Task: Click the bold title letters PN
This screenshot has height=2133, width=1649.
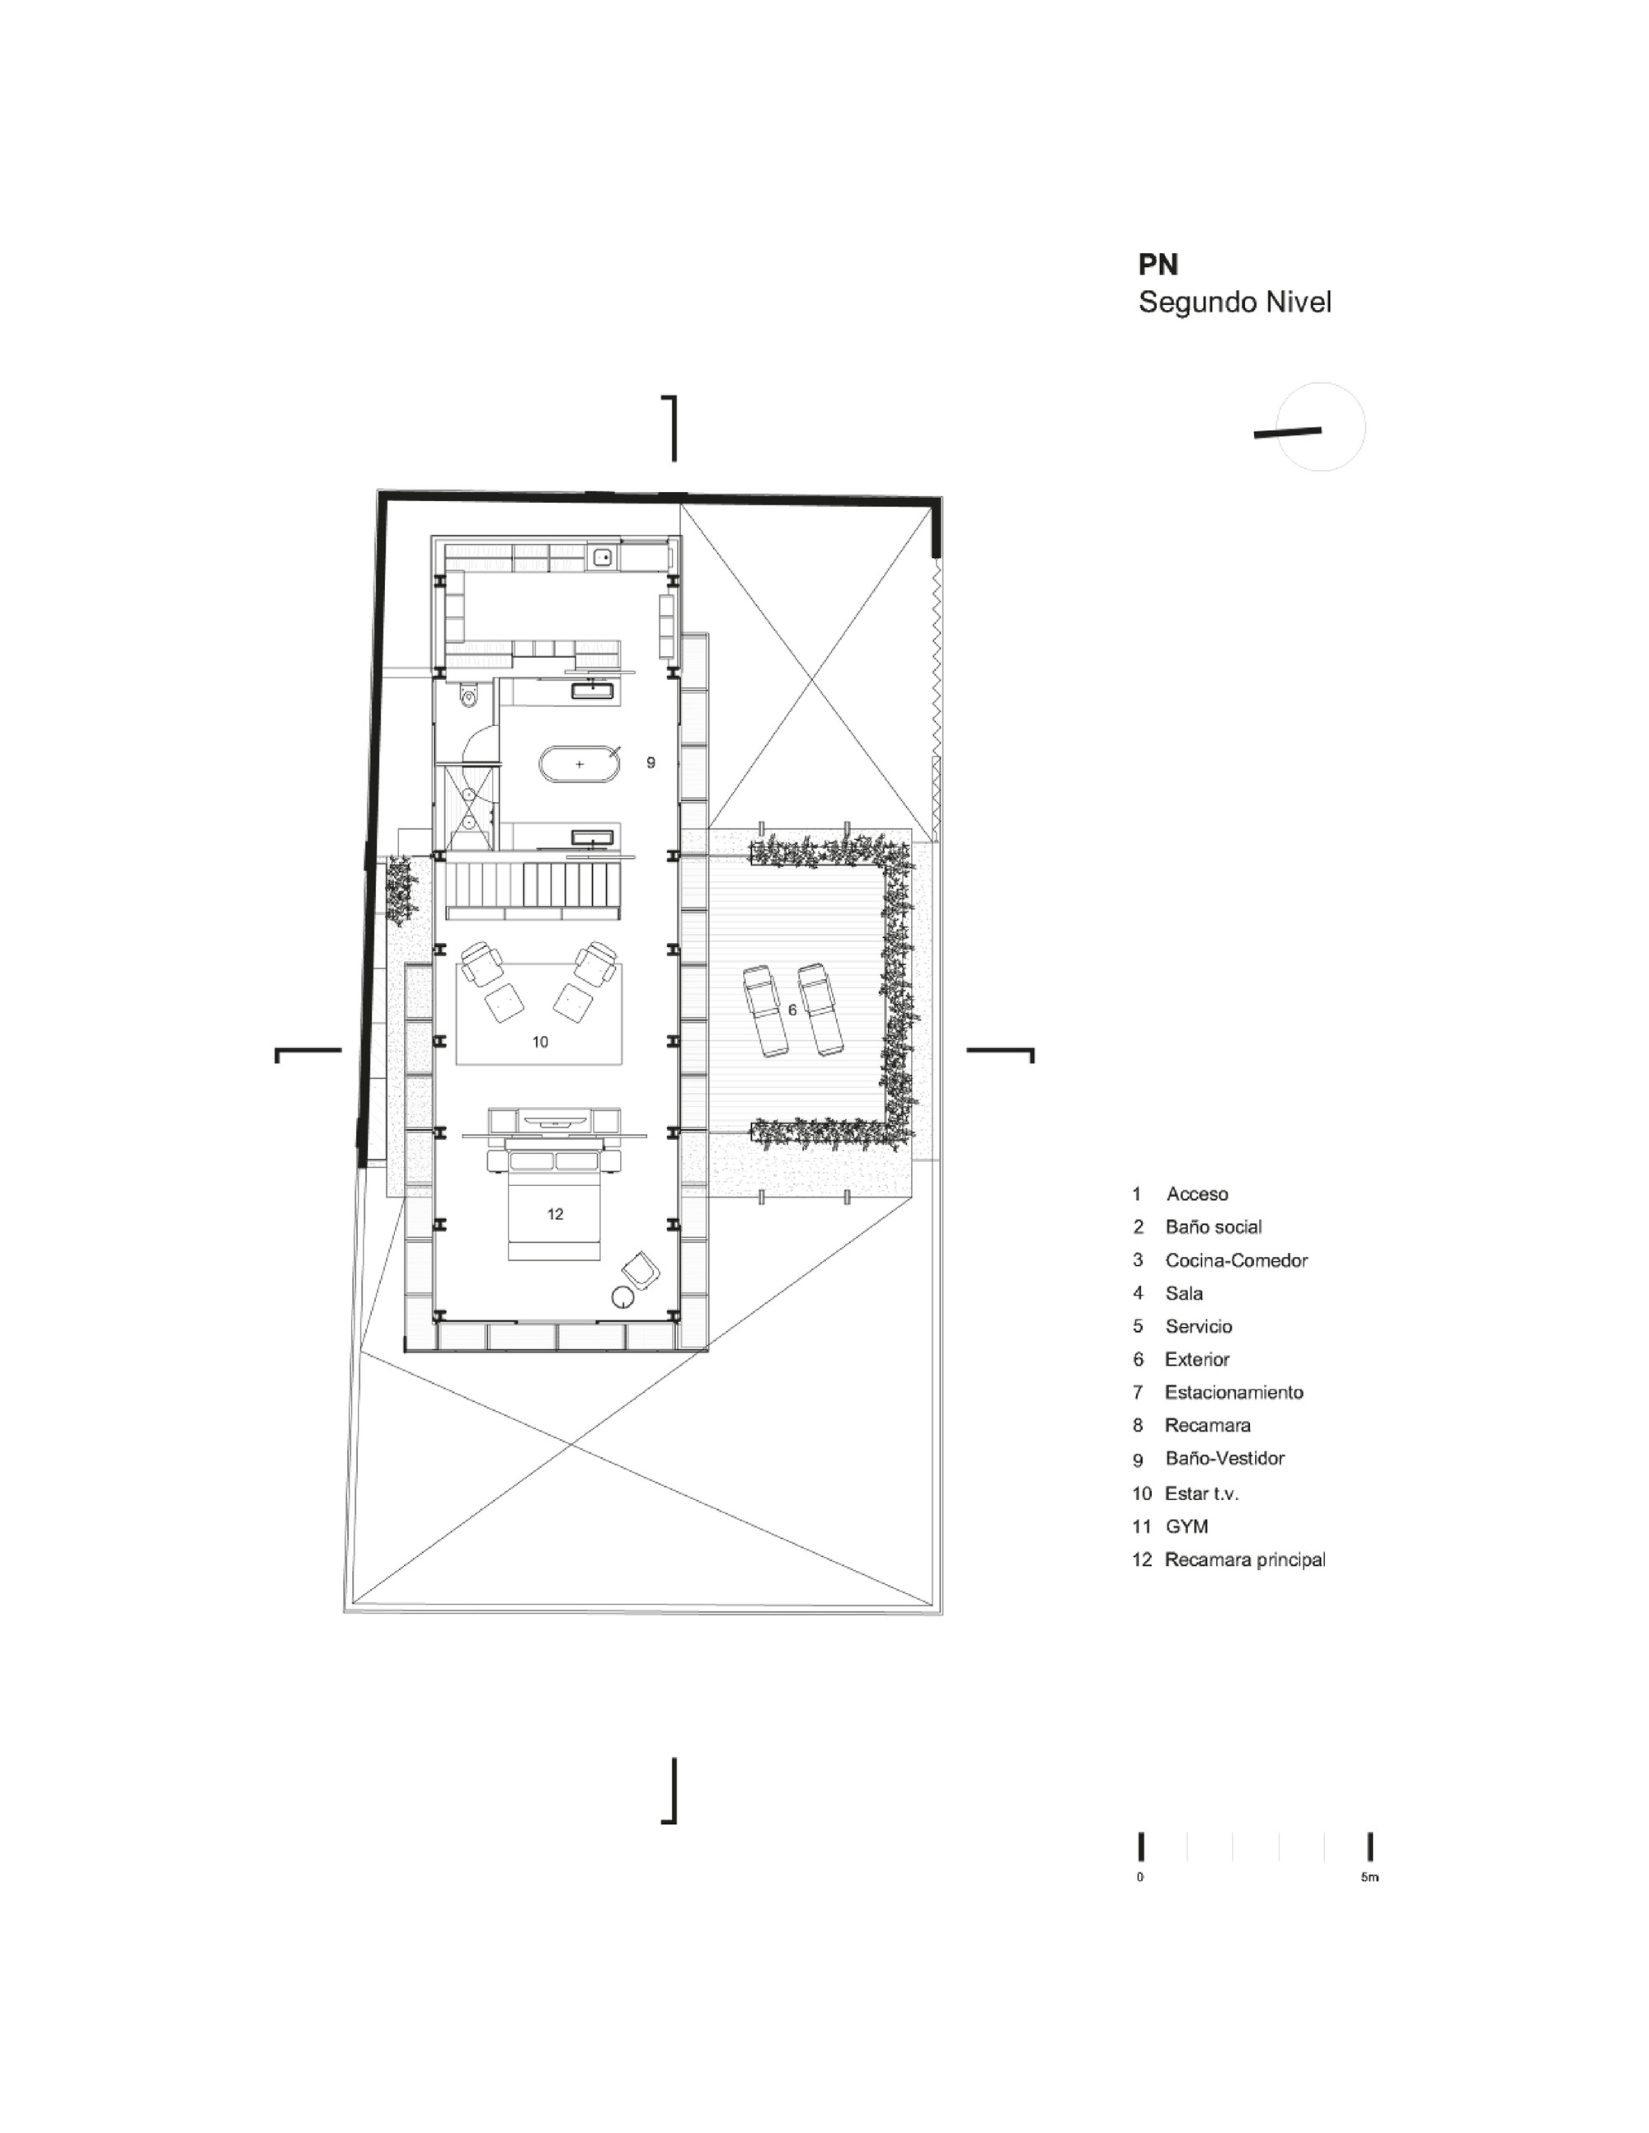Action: coord(1158,265)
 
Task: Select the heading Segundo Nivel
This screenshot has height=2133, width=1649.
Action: coord(1235,302)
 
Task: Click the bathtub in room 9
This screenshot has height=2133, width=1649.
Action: coord(580,764)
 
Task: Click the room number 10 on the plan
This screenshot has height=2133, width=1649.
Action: coord(540,1042)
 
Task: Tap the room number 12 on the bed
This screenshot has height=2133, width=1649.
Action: coord(555,1214)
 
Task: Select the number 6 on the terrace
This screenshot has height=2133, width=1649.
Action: coord(792,1010)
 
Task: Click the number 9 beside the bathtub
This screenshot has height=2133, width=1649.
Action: coord(651,762)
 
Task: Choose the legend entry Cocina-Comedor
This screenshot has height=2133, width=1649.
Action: coord(1236,1260)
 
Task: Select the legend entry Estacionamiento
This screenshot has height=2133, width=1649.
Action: coord(1233,1392)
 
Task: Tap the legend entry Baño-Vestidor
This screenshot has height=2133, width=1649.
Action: coord(1224,1458)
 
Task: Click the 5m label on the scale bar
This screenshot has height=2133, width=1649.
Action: coord(1369,1878)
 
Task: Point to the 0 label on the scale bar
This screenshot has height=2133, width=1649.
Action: coord(1140,1878)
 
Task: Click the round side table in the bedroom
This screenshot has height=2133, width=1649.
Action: coord(622,1297)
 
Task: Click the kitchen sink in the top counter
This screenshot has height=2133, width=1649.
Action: coord(603,558)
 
